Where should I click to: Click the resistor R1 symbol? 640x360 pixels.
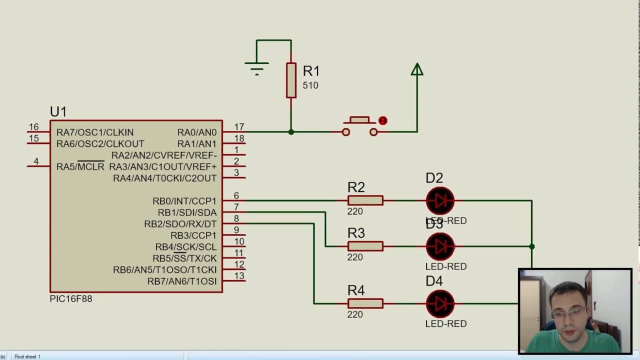pyautogui.click(x=291, y=80)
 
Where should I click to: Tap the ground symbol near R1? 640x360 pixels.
pyautogui.click(x=256, y=66)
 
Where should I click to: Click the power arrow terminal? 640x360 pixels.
pyautogui.click(x=417, y=69)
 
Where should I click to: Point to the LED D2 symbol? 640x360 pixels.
pyautogui.click(x=440, y=200)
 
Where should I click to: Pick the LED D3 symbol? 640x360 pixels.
pyautogui.click(x=440, y=246)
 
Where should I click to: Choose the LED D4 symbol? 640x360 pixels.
pyautogui.click(x=440, y=303)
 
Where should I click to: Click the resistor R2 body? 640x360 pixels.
pyautogui.click(x=365, y=200)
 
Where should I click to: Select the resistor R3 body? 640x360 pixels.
pyautogui.click(x=365, y=246)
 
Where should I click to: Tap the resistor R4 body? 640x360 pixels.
pyautogui.click(x=365, y=303)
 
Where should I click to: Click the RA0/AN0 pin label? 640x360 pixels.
pyautogui.click(x=197, y=132)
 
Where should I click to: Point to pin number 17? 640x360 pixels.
pyautogui.click(x=239, y=127)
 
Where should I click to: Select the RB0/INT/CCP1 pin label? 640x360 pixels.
pyautogui.click(x=184, y=201)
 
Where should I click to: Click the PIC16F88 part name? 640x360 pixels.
pyautogui.click(x=71, y=299)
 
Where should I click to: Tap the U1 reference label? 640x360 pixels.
pyautogui.click(x=58, y=111)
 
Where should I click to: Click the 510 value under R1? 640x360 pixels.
pyautogui.click(x=310, y=85)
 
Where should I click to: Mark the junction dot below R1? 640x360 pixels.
pyautogui.click(x=291, y=132)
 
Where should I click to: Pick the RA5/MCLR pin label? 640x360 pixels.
pyautogui.click(x=80, y=166)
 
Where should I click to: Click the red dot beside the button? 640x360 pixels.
pyautogui.click(x=383, y=120)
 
